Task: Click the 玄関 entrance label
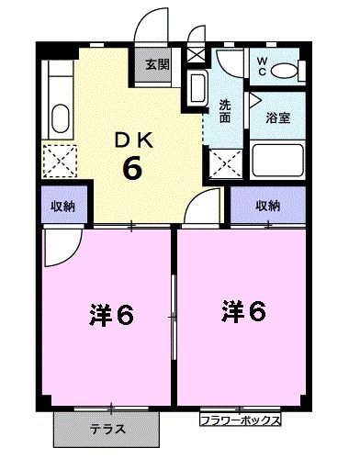(157, 64)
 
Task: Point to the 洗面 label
(226, 110)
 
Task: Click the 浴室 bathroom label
(278, 117)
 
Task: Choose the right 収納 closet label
(268, 206)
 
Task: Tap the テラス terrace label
(107, 429)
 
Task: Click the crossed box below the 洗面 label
(223, 162)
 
